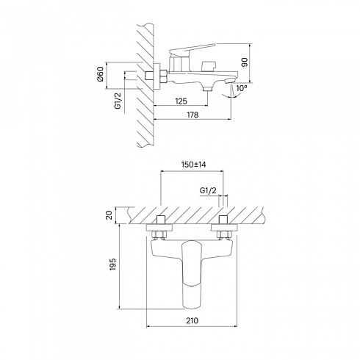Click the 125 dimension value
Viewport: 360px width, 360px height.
[x=181, y=101]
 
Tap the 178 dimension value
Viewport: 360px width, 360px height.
[x=192, y=115]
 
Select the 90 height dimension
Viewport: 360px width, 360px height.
[x=245, y=62]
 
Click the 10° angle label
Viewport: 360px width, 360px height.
[x=242, y=88]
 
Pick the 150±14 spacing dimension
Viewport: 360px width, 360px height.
[x=193, y=165]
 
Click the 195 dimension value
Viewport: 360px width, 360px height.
[x=112, y=264]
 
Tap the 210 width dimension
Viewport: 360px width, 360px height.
[x=192, y=320]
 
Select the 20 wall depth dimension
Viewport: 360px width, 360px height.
[x=110, y=215]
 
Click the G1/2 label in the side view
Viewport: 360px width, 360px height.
[x=118, y=101]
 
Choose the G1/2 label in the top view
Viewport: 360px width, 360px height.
[x=208, y=190]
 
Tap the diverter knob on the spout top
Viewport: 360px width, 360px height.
[x=208, y=66]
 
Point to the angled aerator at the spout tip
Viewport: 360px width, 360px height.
[x=230, y=80]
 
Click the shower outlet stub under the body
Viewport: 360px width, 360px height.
[x=208, y=88]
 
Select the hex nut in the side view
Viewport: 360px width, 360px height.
[x=164, y=76]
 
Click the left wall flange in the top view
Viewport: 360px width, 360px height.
[x=159, y=228]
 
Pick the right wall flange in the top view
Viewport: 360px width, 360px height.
[x=224, y=228]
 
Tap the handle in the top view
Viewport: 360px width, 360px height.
[x=191, y=274]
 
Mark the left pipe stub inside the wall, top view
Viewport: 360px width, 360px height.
[x=160, y=220]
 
